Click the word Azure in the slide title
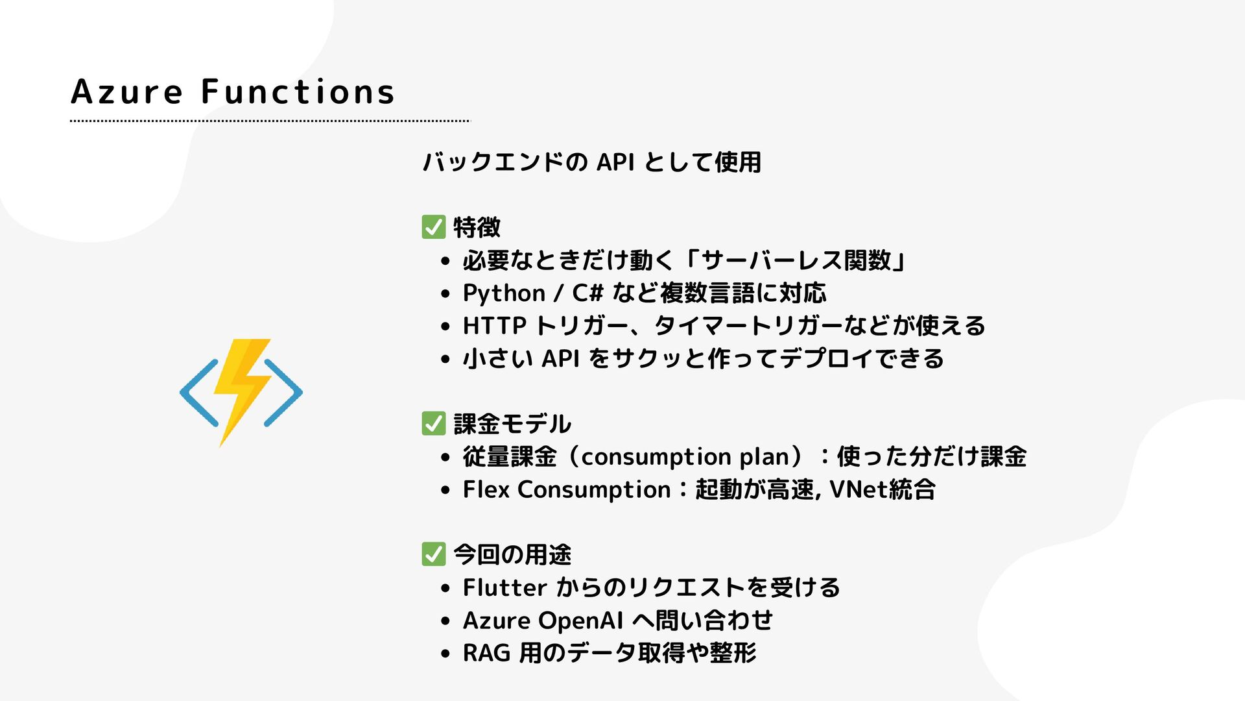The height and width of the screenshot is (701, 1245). click(x=126, y=92)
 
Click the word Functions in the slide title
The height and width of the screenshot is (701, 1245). click(x=298, y=92)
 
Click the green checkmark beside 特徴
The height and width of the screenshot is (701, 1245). click(x=433, y=227)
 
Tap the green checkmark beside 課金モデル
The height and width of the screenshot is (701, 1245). click(x=433, y=423)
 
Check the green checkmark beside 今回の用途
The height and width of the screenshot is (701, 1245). click(x=433, y=554)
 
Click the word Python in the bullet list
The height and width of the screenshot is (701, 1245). click(x=504, y=293)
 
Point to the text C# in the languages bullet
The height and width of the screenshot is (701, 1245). click(x=587, y=293)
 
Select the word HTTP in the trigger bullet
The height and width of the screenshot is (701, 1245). click(x=494, y=326)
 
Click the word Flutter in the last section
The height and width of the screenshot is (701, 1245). click(x=504, y=587)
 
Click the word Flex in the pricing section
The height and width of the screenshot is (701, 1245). click(x=486, y=489)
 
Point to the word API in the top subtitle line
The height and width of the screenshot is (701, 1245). click(x=615, y=162)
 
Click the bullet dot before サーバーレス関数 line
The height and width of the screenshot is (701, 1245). click(x=444, y=262)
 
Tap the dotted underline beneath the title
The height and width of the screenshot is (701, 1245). click(x=270, y=121)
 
